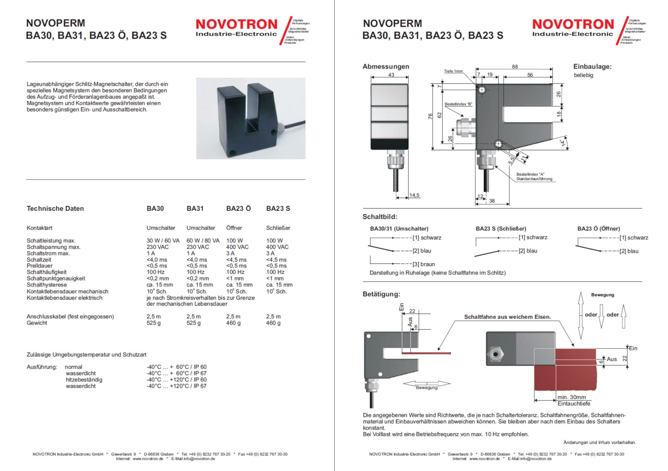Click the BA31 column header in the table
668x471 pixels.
point(195,208)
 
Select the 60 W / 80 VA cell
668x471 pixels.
point(203,241)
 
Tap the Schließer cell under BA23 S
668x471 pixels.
point(278,228)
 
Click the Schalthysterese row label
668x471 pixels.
point(46,285)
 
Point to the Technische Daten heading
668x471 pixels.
point(55,208)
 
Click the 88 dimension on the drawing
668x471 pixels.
point(515,66)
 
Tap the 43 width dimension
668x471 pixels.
point(391,75)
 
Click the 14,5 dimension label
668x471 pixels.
point(414,195)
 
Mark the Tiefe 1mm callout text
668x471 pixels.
point(453,71)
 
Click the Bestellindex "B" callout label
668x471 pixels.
point(458,104)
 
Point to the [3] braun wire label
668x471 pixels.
point(424,264)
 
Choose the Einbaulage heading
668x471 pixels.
point(592,66)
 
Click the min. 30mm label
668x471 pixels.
point(571,397)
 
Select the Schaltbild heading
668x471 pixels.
point(380,217)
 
